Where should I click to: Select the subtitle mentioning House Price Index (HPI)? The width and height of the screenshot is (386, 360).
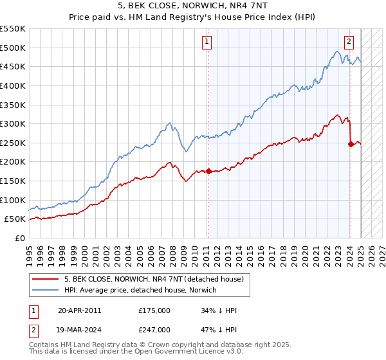pos(192,18)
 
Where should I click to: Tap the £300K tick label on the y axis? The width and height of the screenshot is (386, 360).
pos(13,123)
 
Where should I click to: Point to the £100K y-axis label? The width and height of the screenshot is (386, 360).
pos(13,200)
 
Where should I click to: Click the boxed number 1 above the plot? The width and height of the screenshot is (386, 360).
pos(207,42)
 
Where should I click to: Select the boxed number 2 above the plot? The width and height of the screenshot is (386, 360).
pos(349,42)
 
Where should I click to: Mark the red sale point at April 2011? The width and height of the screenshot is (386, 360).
pos(208,171)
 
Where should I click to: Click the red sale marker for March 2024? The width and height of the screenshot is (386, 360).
pos(351,144)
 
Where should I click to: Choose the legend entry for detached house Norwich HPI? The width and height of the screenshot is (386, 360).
pos(140,291)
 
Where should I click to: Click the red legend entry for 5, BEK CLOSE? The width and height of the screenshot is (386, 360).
pos(153,280)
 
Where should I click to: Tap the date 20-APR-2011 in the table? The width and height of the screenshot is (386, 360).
pos(79,310)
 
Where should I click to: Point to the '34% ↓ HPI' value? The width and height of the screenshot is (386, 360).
pos(219,310)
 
